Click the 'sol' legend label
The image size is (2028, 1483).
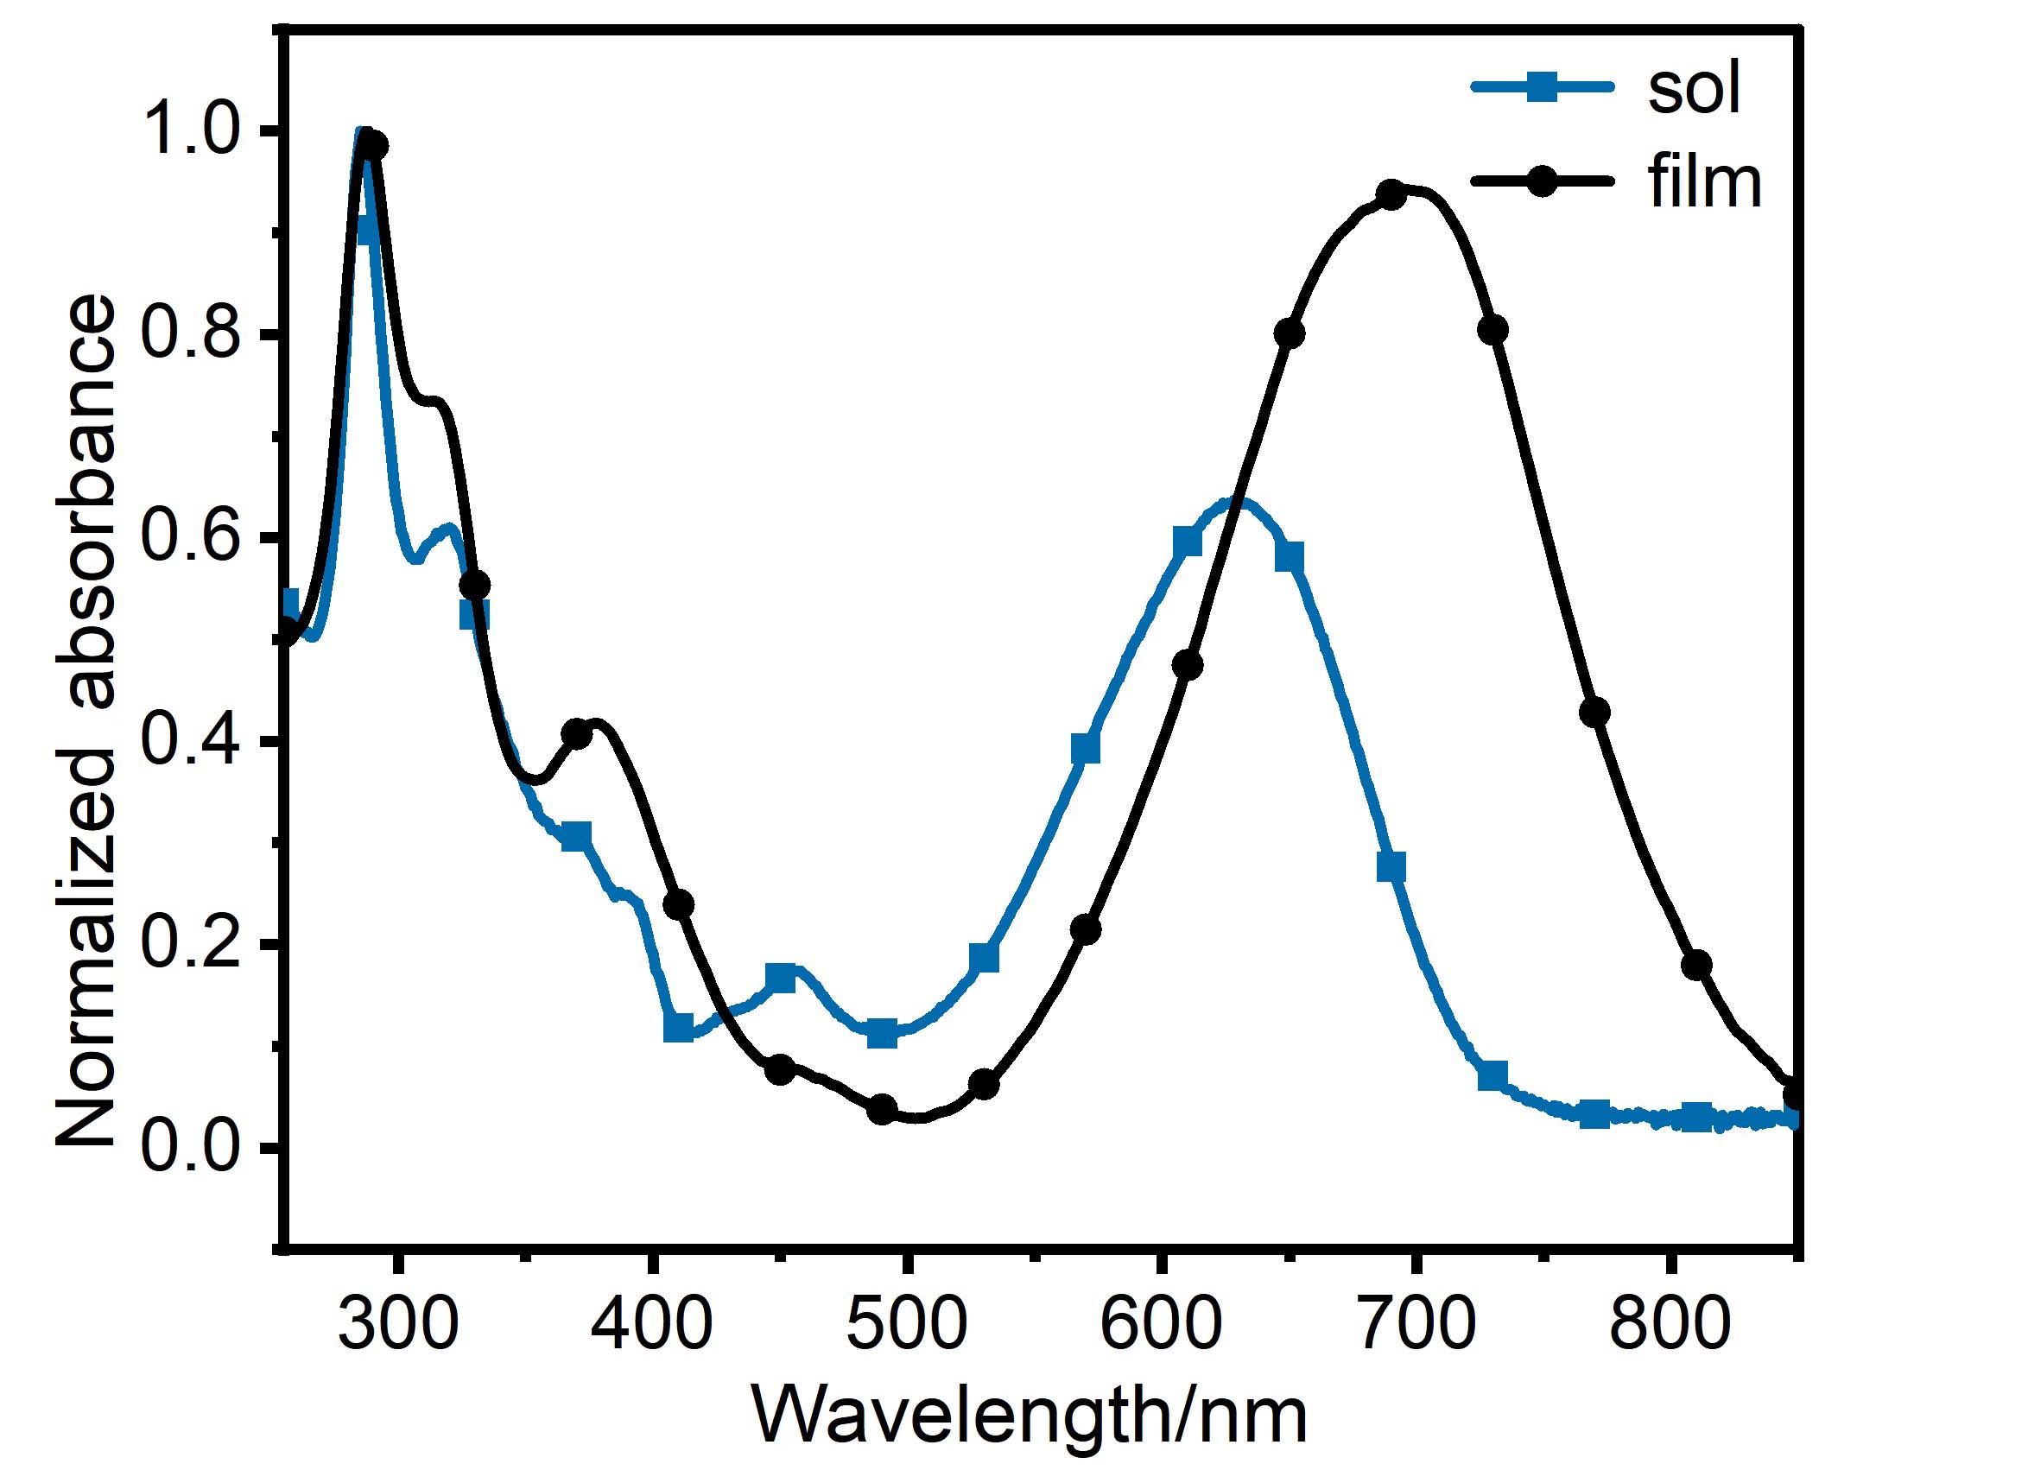click(x=1694, y=90)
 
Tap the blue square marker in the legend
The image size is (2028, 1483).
click(x=1543, y=87)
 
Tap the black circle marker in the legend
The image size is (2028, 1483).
click(x=1543, y=181)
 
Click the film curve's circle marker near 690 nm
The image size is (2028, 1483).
click(x=1391, y=195)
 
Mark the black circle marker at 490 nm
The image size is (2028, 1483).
click(x=883, y=1109)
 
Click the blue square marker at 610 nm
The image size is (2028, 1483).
click(x=1187, y=542)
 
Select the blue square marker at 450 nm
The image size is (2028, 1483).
click(x=781, y=979)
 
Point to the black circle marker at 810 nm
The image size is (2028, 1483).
click(x=1695, y=965)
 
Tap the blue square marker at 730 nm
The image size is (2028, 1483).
click(x=1492, y=1075)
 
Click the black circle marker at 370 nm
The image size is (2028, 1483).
click(x=577, y=734)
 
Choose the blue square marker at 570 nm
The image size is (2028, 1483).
click(x=1086, y=748)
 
